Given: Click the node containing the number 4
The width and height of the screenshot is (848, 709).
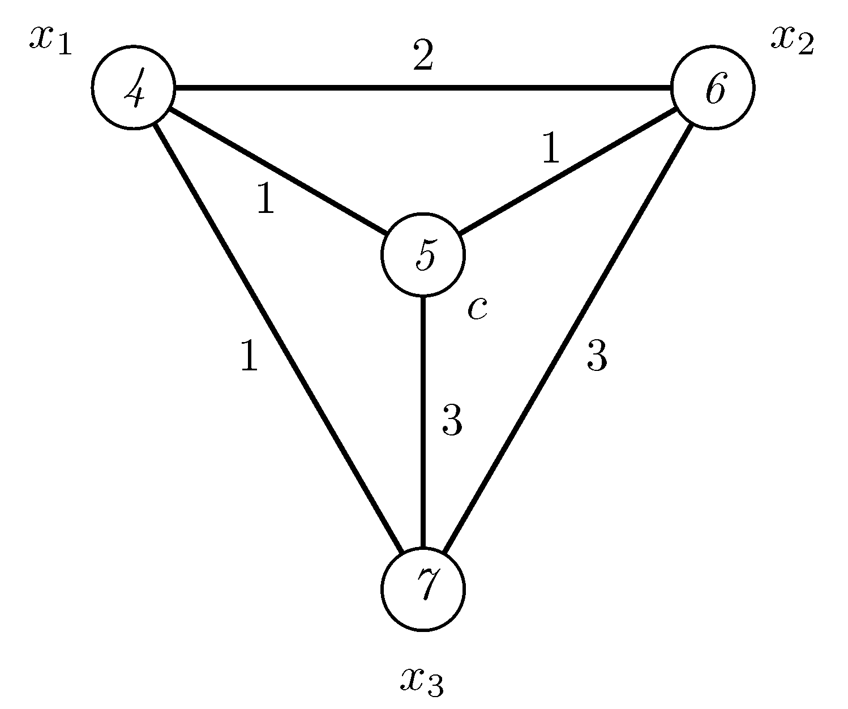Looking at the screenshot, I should click(x=134, y=88).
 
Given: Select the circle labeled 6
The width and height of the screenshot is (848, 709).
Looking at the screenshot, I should click(x=713, y=88).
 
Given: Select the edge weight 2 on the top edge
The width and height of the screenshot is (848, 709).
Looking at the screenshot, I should click(x=423, y=57).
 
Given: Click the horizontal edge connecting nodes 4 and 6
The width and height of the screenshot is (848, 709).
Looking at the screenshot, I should click(x=423, y=88).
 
